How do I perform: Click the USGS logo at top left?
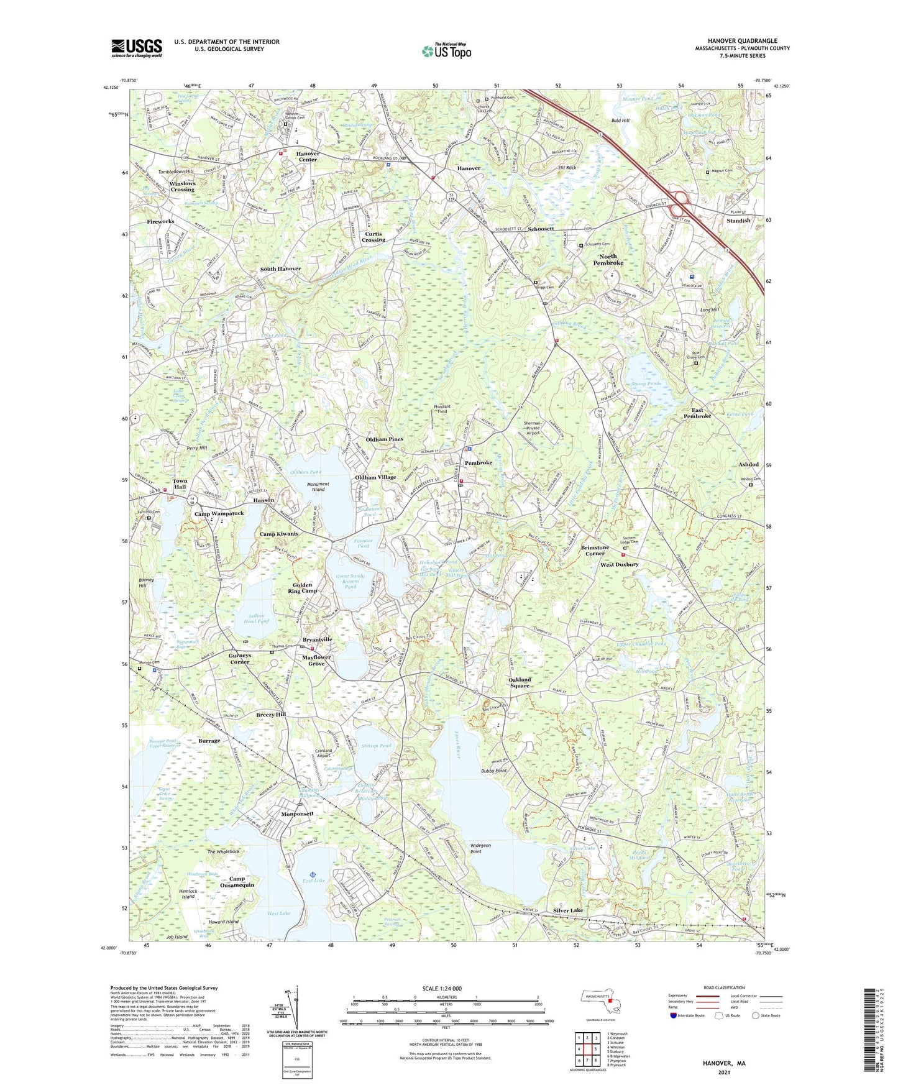(x=137, y=47)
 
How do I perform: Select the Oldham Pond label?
(x=305, y=472)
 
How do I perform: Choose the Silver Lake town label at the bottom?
(x=568, y=910)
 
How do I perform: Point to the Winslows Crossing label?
(x=182, y=186)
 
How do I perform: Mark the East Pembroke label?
(x=697, y=413)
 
